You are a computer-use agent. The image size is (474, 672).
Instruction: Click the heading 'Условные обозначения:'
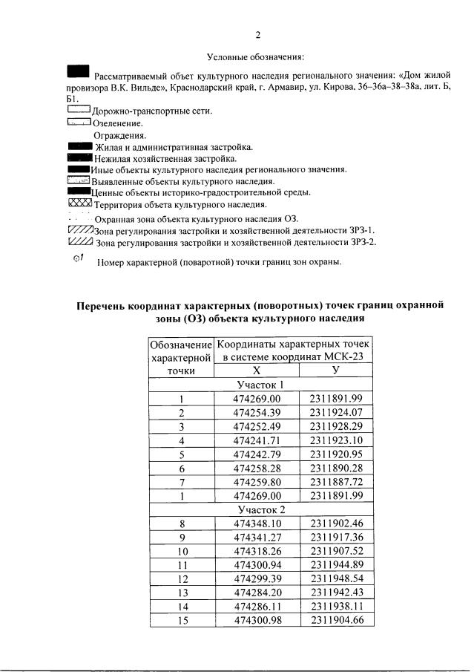point(256,57)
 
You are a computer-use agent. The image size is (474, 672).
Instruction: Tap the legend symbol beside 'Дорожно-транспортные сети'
point(78,110)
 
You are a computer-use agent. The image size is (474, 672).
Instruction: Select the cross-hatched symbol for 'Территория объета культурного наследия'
point(79,203)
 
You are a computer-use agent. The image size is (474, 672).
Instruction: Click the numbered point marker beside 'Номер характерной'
point(78,258)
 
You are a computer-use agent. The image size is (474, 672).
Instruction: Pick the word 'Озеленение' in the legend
point(118,123)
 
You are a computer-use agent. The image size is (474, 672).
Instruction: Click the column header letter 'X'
point(256,370)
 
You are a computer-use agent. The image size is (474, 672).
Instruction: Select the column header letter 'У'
point(336,370)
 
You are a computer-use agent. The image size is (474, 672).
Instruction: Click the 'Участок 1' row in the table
point(260,385)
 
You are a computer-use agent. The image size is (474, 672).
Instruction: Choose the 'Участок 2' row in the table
point(260,509)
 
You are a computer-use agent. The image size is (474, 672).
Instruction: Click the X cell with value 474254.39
point(256,412)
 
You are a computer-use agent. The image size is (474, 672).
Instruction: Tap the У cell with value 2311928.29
point(336,426)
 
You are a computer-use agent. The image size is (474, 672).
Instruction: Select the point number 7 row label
point(181,481)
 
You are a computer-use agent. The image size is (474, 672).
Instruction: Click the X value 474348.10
point(256,523)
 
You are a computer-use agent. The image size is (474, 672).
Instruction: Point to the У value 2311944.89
point(336,565)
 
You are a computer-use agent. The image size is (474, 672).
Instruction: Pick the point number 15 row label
point(181,621)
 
